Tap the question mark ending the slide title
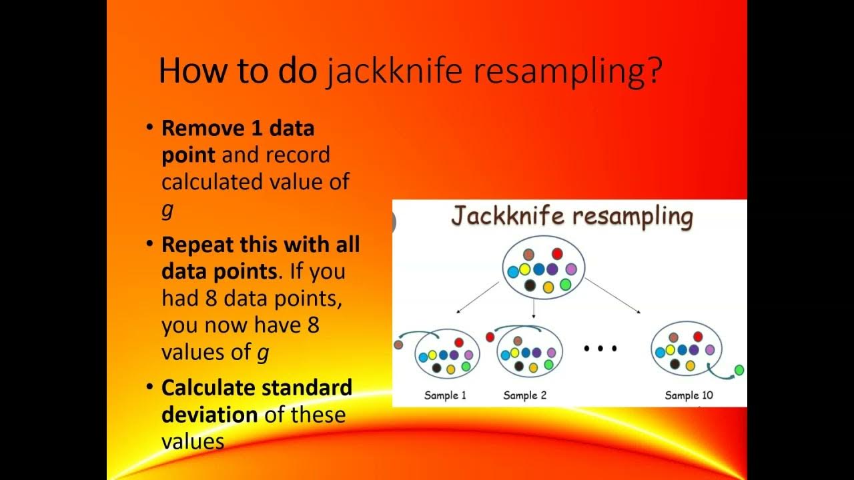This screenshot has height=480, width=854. coord(655,71)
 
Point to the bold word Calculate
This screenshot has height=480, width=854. coord(209,387)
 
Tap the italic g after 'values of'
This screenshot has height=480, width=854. coord(263,352)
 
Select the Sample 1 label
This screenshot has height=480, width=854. coord(445,395)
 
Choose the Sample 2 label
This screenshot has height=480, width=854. coord(524,395)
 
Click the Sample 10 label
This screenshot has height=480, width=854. coord(689,395)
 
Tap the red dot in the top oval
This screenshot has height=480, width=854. coord(557,254)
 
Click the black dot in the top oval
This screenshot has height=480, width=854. coord(530,285)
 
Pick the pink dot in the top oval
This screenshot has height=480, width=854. coord(571,269)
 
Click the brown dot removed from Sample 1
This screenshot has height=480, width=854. coord(399,345)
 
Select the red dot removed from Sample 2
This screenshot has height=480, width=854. coord(490,337)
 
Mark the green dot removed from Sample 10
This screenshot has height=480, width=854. coord(739,370)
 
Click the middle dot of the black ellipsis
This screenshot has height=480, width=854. coord(600,348)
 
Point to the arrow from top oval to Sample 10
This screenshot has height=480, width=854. coord(614,296)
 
